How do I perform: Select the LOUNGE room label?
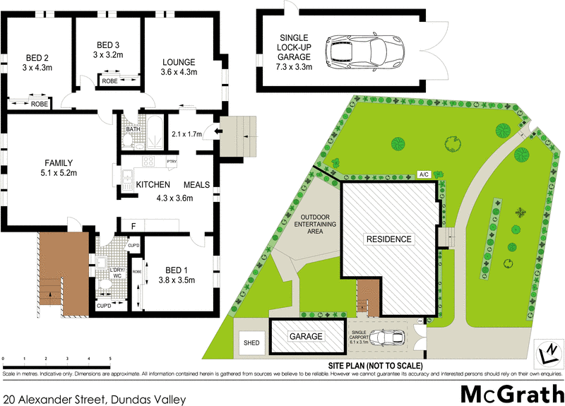[x=178, y=61]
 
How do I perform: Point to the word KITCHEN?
[x=155, y=184]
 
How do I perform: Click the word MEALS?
[x=198, y=184]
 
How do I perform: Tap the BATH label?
[x=132, y=130]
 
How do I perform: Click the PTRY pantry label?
[x=172, y=162]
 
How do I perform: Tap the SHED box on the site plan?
[x=252, y=343]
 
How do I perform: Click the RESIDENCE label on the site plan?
[x=388, y=239]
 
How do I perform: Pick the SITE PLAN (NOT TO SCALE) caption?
[x=375, y=365]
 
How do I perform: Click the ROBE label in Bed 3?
[x=109, y=81]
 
